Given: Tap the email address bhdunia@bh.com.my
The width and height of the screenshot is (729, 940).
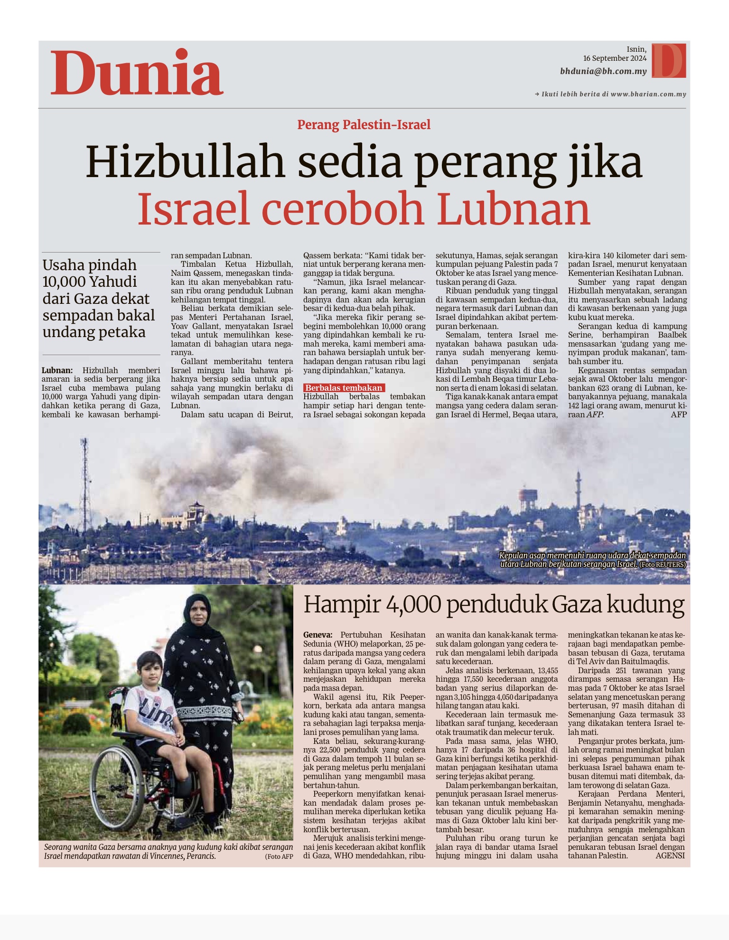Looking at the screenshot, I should [603, 71].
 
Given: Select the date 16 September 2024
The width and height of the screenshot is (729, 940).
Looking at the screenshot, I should [615, 58].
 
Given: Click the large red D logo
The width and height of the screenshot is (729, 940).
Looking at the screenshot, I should [669, 60].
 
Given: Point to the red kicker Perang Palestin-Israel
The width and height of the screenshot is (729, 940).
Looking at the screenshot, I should [364, 125].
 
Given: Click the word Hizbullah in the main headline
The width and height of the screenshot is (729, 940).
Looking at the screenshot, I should [185, 162].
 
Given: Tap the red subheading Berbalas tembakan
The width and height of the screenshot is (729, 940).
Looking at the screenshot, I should [344, 388].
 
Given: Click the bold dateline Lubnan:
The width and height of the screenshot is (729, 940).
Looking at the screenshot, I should [57, 370].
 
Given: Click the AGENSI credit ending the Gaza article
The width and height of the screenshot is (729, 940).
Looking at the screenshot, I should [670, 855].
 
